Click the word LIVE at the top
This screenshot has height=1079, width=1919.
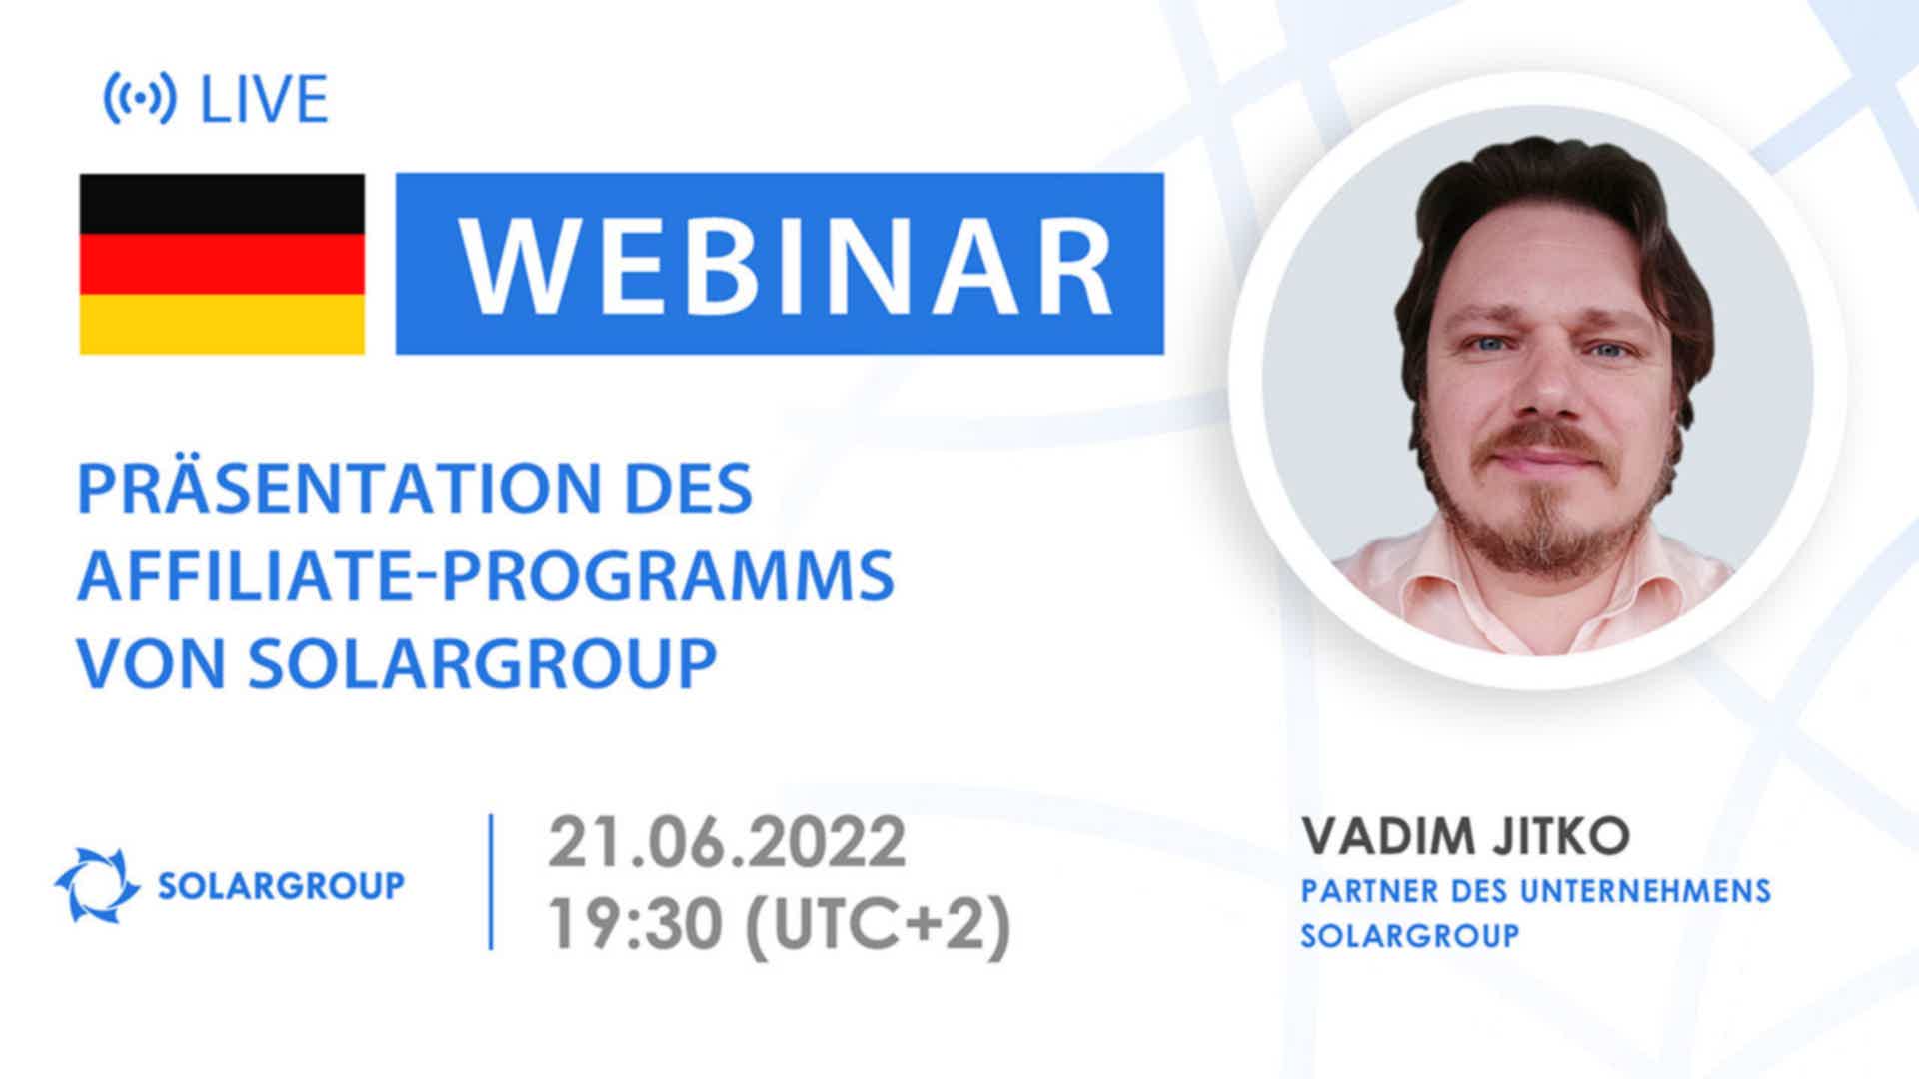264,99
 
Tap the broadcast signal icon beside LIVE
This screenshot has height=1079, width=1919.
140,99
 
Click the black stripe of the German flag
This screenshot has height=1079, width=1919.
222,204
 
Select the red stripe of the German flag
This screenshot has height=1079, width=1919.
222,264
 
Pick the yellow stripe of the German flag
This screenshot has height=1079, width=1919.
222,324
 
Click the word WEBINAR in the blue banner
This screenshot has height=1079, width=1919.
786,264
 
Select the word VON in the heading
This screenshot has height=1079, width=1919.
153,662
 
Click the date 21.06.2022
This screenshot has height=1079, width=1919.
727,842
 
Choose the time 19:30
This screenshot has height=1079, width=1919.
635,924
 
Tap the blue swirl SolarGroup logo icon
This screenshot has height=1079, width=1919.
97,885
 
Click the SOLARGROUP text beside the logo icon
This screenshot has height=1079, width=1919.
282,885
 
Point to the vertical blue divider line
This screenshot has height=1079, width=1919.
491,882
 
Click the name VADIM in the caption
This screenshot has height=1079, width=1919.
1388,836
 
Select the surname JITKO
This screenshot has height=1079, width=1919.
1561,836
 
